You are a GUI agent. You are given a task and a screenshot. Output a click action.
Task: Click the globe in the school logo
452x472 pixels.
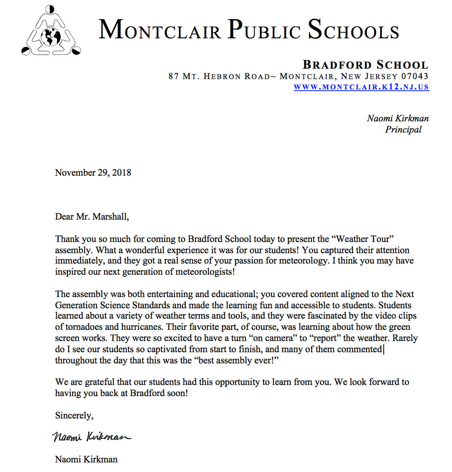51,37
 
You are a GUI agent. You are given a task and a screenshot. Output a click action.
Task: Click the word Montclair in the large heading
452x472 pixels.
160,30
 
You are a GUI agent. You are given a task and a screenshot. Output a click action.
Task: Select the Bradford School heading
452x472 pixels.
365,65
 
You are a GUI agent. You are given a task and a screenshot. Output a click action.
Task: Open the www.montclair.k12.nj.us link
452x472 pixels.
361,87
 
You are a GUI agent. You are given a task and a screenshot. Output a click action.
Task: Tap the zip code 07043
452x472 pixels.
415,76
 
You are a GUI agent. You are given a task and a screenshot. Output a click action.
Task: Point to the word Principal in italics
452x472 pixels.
403,129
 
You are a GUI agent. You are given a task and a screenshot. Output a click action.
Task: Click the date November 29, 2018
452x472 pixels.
93,173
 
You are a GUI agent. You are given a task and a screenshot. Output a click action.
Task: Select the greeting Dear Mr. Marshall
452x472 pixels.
92,216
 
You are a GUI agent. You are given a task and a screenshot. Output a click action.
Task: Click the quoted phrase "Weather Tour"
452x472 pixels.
363,239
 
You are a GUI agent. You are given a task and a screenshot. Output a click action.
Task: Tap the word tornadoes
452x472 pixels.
83,327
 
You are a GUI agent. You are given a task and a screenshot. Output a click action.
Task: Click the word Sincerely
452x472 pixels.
74,415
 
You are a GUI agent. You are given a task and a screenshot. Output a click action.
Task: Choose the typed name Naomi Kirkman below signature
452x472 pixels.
86,459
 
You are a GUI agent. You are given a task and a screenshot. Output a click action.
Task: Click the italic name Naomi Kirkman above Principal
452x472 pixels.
398,118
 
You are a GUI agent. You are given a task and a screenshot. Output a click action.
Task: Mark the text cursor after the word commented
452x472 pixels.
384,349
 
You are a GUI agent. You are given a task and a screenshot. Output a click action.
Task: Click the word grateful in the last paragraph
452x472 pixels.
99,382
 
